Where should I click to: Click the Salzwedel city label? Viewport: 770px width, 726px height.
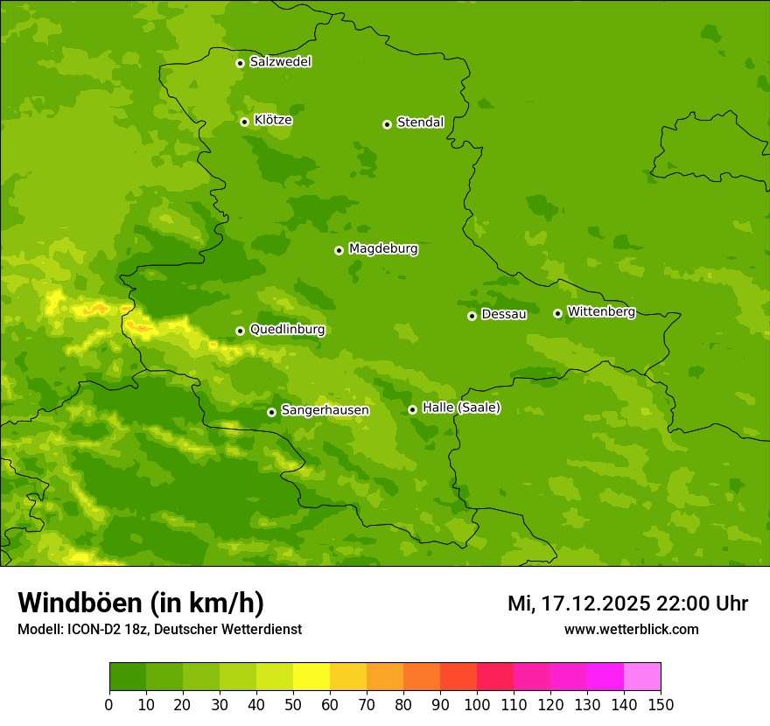(280, 62)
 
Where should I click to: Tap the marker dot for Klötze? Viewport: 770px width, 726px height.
(244, 122)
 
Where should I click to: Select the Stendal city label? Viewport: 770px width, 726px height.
(420, 122)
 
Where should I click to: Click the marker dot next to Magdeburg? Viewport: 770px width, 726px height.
(339, 250)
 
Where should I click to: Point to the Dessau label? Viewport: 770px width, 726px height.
(504, 314)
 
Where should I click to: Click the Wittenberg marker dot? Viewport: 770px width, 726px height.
(557, 313)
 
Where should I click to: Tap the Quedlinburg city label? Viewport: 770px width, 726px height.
(287, 330)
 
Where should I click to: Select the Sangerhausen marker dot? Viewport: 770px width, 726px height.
(271, 412)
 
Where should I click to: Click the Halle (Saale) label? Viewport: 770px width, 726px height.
(461, 408)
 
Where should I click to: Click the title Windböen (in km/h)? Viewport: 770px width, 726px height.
(141, 603)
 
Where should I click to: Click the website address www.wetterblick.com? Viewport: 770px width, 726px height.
(631, 630)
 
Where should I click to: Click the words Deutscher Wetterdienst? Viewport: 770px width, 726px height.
(234, 630)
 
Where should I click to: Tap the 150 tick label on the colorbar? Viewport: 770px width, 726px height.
(661, 704)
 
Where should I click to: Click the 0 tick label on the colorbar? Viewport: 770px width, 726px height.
(109, 704)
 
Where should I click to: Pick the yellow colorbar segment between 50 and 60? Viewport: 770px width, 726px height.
(311, 677)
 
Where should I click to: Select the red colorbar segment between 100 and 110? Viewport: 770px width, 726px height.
(495, 677)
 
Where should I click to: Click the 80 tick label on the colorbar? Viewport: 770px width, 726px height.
(403, 704)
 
